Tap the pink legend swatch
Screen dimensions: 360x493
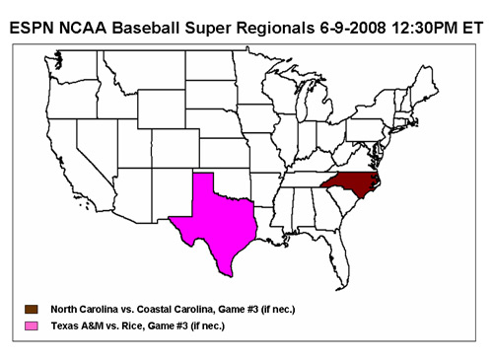pos(33,325)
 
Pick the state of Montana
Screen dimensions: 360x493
pos(148,74)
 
